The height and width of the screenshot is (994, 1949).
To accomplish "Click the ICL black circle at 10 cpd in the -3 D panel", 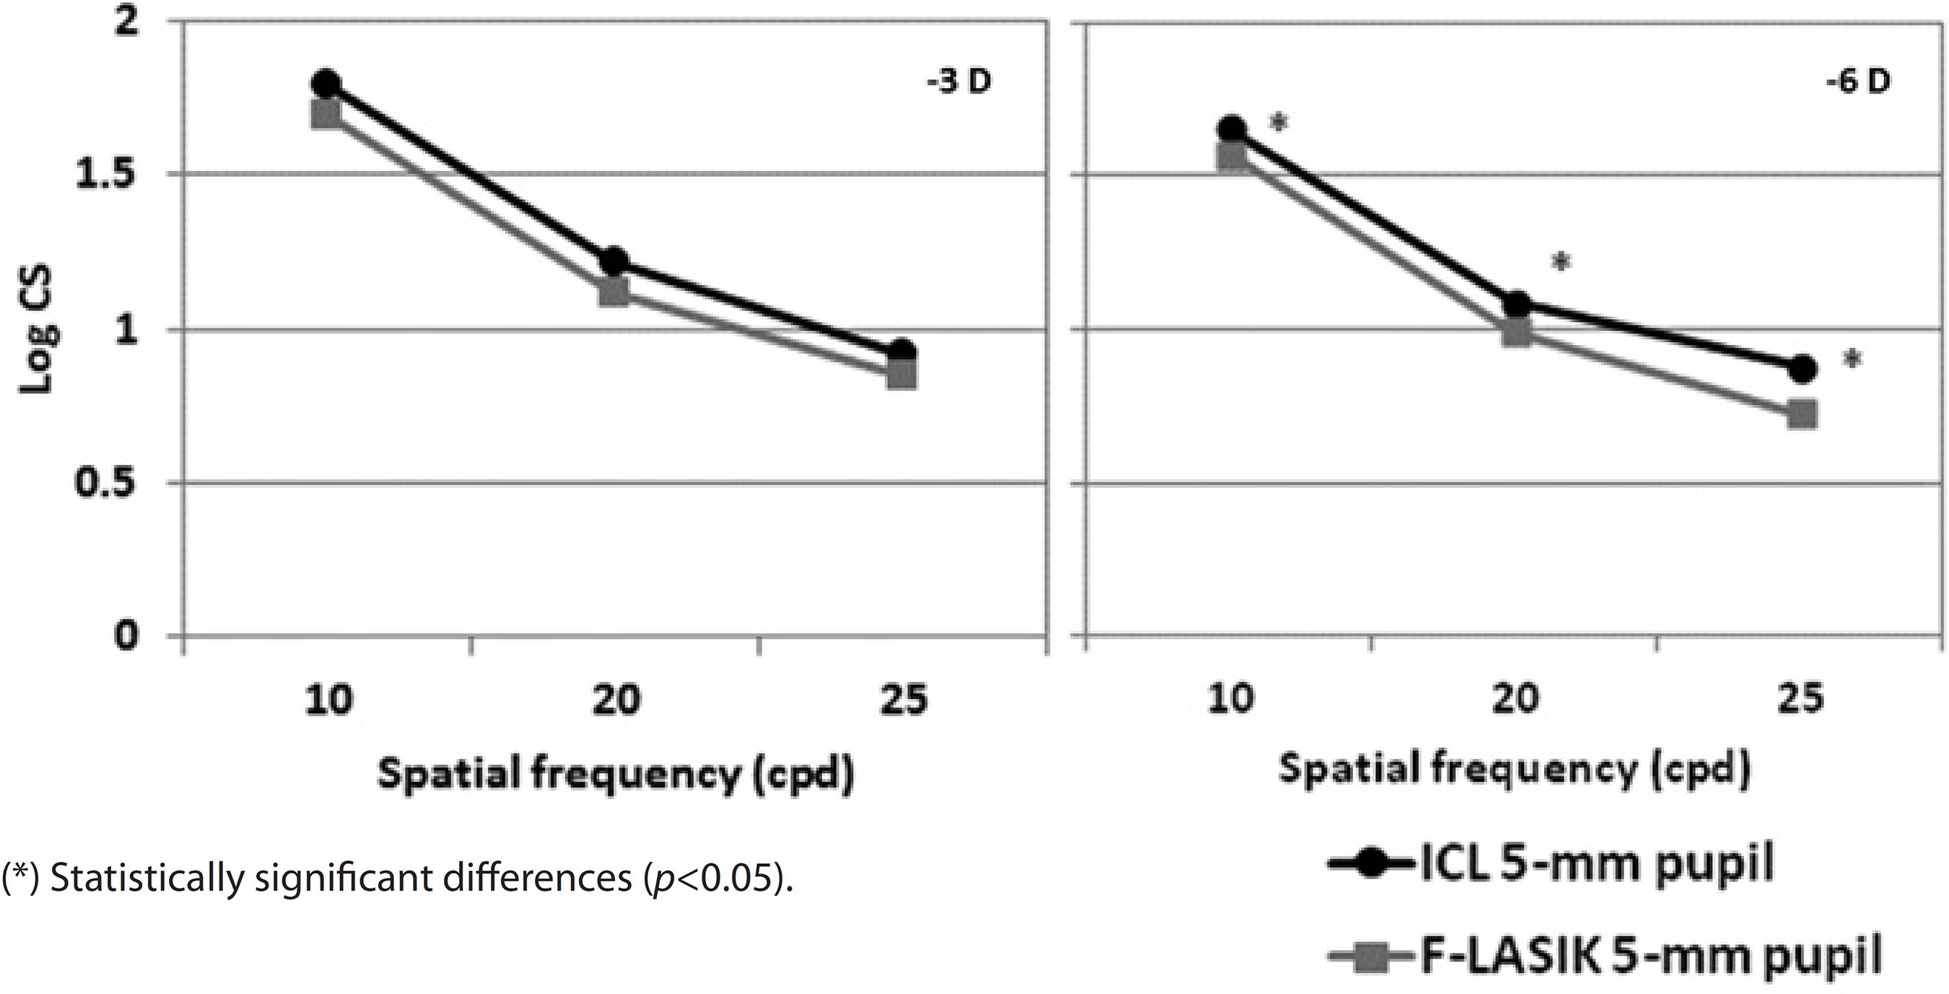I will tap(326, 83).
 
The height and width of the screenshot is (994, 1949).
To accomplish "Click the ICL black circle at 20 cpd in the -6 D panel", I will tap(1516, 305).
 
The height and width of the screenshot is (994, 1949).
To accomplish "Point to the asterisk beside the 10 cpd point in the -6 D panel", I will tap(1278, 121).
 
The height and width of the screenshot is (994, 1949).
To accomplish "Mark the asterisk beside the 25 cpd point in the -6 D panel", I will tap(1852, 359).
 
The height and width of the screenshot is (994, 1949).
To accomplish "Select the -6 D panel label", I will tap(1857, 82).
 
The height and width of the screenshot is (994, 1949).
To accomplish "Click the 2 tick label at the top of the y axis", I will tap(128, 22).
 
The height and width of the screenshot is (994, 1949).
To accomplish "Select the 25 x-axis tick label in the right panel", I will tap(1802, 699).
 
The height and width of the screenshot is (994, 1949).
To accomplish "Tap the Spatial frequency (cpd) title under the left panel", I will tap(614, 775).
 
